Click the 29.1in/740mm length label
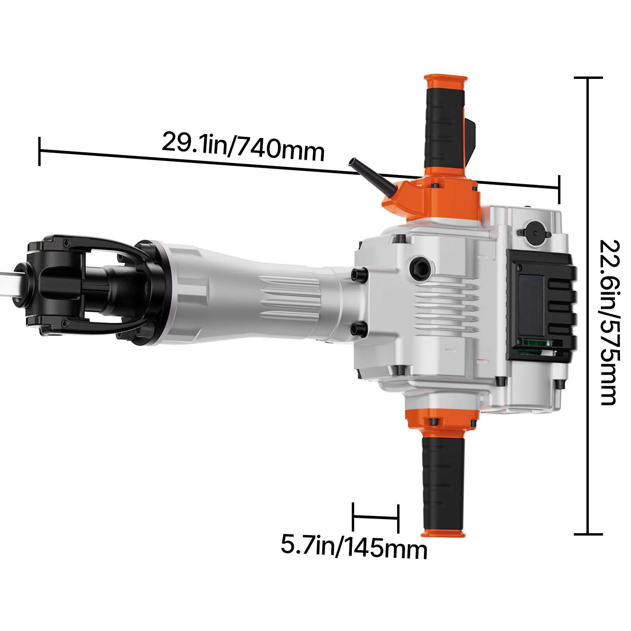243,146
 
